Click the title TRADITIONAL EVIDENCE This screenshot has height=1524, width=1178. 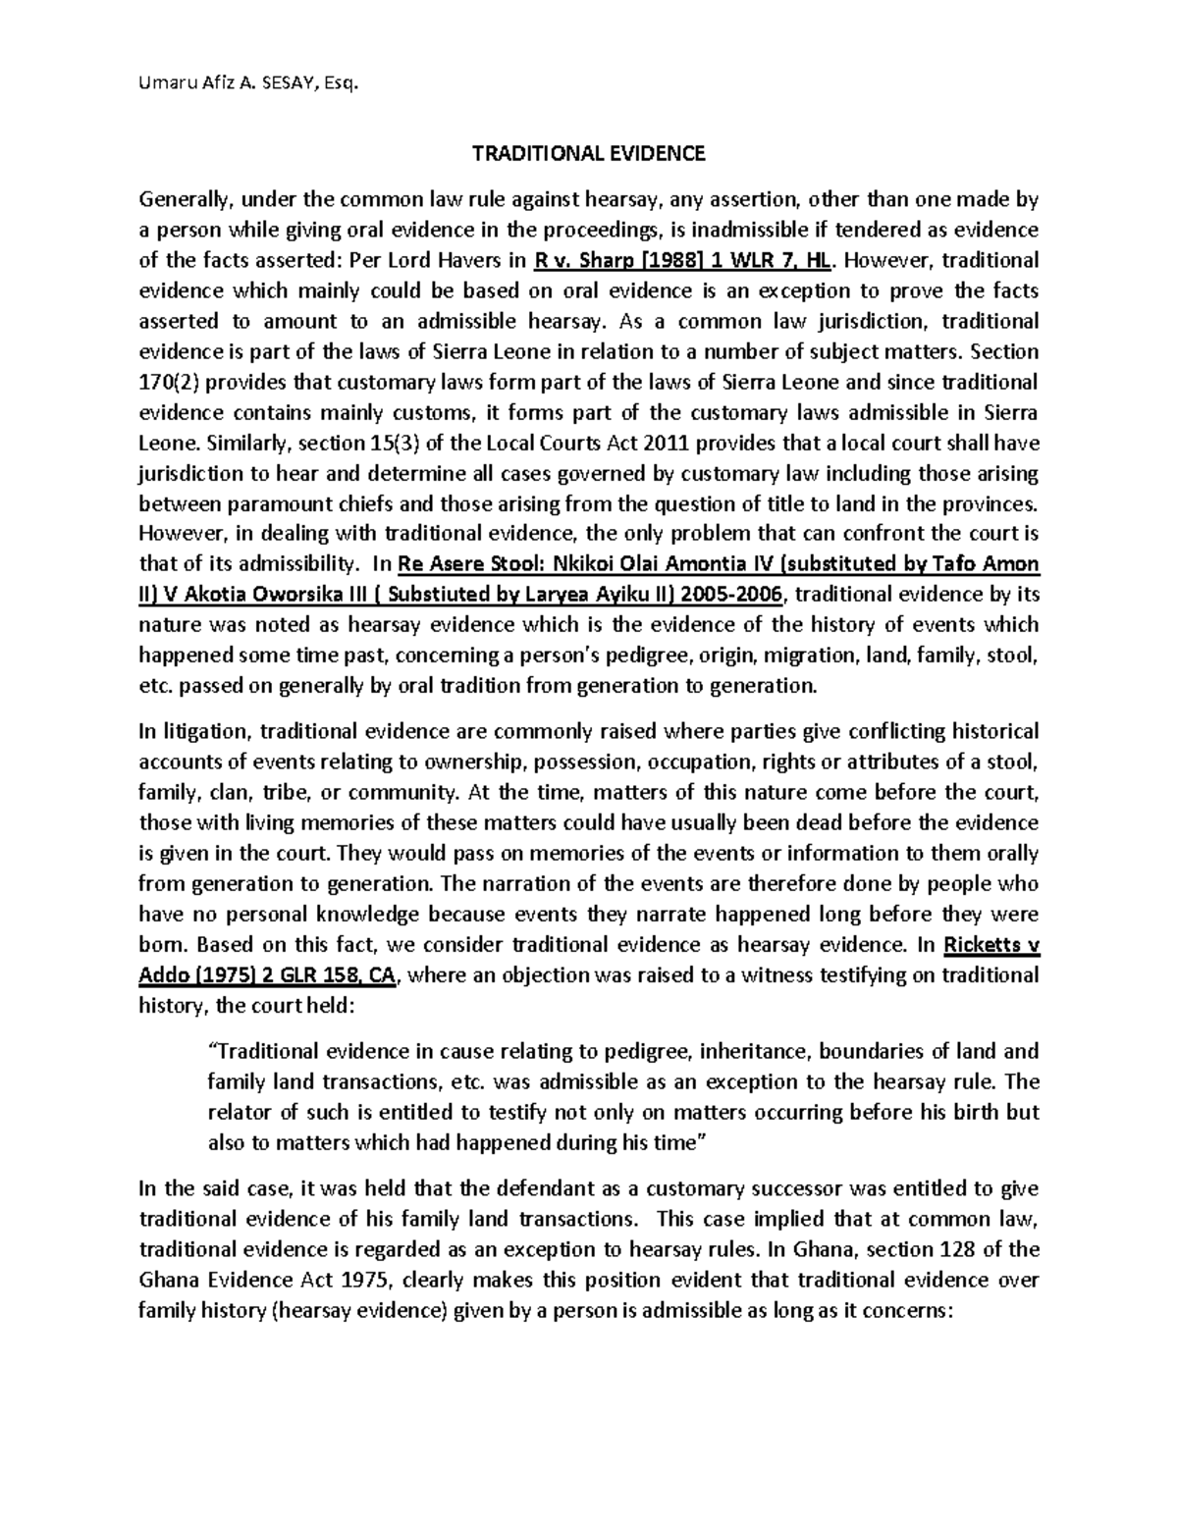[589, 153]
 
